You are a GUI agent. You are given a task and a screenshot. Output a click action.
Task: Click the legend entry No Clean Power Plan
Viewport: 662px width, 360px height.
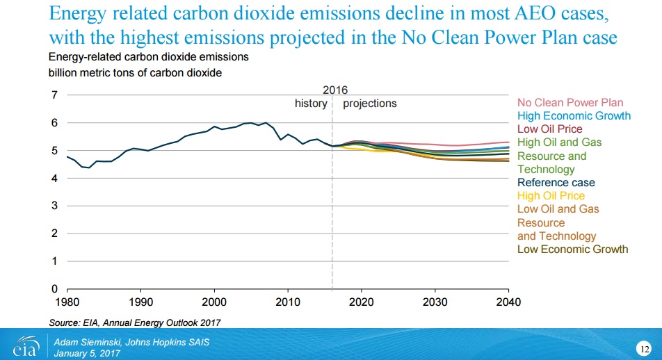click(x=570, y=102)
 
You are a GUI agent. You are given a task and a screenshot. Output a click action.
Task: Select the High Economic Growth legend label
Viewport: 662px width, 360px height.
click(x=574, y=115)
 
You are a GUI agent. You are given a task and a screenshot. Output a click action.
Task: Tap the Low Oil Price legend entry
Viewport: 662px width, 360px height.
click(x=549, y=129)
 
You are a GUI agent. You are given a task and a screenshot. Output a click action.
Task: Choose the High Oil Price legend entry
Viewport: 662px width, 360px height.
click(x=551, y=196)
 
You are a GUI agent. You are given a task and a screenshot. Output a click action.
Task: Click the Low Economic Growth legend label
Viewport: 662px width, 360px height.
click(x=572, y=249)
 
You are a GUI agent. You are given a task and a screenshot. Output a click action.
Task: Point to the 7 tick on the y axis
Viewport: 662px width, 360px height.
click(x=54, y=95)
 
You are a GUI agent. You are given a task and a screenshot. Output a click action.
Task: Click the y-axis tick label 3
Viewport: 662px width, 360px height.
click(x=54, y=206)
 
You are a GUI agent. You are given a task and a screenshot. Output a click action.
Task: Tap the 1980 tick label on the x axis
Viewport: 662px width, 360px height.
click(x=67, y=302)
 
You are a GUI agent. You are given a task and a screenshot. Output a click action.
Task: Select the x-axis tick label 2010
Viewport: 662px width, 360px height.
click(x=288, y=302)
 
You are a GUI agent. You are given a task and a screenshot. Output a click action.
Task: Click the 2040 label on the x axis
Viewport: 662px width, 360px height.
click(x=508, y=302)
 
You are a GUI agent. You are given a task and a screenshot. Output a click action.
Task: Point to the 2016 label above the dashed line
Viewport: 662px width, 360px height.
click(x=335, y=90)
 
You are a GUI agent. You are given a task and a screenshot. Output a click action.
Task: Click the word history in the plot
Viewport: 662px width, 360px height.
click(x=311, y=103)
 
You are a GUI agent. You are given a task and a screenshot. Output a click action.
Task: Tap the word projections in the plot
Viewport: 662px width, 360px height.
click(x=370, y=103)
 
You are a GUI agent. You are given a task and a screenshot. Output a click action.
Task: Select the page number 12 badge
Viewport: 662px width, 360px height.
click(x=644, y=347)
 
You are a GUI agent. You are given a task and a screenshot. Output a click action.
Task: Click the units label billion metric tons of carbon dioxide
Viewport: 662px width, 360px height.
click(x=135, y=73)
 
